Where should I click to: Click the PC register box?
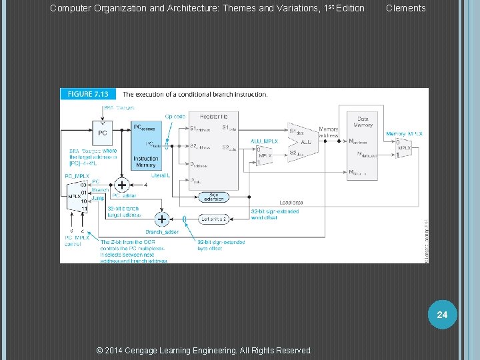coord(103,132)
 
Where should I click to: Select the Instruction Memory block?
coord(146,150)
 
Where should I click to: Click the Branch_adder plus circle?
coord(161,219)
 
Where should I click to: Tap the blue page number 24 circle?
coord(442,314)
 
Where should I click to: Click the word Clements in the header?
coord(405,8)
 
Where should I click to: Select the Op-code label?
coord(175,116)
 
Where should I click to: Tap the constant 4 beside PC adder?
coord(145,185)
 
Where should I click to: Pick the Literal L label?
coord(160,175)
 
